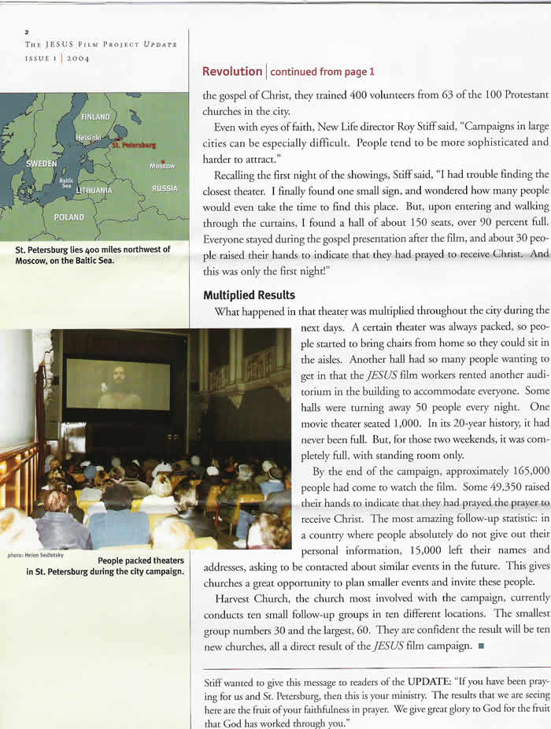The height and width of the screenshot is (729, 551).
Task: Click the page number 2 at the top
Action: pos(27,31)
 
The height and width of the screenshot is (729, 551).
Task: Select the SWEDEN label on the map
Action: pos(42,164)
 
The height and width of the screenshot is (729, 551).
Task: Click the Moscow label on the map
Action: pos(161,166)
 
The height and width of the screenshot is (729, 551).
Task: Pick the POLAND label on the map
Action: pos(69,216)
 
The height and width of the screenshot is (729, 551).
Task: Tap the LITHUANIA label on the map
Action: pos(94,191)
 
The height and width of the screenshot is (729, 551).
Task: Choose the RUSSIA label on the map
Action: pos(165,189)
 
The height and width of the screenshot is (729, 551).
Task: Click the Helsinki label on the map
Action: pos(88,138)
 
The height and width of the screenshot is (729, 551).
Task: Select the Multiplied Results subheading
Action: pos(249,295)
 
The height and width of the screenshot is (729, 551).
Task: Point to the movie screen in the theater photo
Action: pos(117,383)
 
